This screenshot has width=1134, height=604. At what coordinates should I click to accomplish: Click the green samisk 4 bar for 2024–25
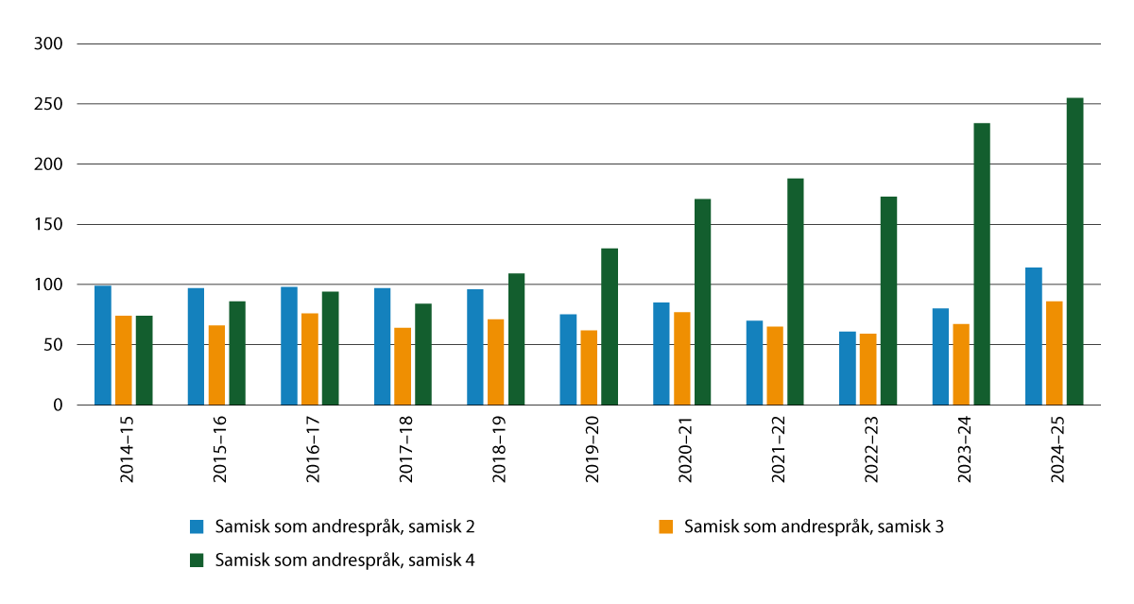pos(1074,251)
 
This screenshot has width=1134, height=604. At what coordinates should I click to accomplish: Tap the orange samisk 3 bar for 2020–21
pos(682,358)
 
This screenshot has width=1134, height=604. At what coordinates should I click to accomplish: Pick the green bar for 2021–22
pos(795,291)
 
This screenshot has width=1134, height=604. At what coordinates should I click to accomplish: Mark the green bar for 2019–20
pos(610,326)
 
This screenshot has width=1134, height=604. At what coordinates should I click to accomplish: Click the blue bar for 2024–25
pos(1034,337)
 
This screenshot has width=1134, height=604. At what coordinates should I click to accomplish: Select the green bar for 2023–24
pos(982,264)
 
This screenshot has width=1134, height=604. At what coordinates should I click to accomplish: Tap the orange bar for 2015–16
pos(216,365)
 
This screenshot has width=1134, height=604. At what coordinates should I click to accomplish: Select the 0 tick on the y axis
pos(59,406)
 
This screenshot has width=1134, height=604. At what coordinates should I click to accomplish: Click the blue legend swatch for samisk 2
pos(197,526)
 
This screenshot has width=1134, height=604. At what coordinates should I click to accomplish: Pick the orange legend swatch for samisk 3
pos(666,526)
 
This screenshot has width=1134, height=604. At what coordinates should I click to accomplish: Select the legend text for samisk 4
pos(344,561)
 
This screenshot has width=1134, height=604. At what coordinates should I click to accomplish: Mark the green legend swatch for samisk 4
pos(197,561)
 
